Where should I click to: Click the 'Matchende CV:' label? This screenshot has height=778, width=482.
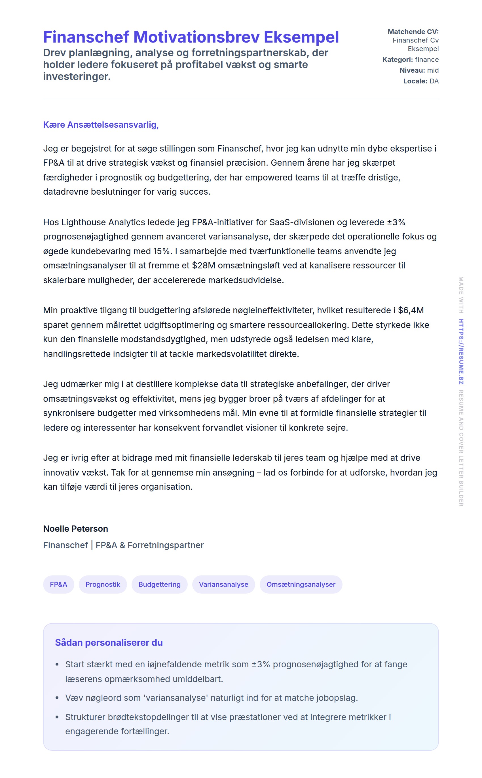[x=413, y=31]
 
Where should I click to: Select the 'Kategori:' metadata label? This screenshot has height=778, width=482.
[x=397, y=60]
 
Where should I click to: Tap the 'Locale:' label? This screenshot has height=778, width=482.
[x=415, y=81]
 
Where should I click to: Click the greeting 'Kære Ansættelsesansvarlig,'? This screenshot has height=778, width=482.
[x=101, y=125]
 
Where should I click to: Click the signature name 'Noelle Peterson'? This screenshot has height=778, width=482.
[x=75, y=529]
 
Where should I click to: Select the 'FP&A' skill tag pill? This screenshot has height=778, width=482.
[x=59, y=584]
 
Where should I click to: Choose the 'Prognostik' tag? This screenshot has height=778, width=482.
[x=103, y=584]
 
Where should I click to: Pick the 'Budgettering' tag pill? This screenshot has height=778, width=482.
[x=159, y=584]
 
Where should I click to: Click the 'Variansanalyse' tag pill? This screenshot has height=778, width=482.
[x=223, y=584]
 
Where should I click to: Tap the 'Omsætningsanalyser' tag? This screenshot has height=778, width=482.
[x=301, y=584]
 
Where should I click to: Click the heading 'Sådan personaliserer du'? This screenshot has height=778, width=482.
[x=109, y=642]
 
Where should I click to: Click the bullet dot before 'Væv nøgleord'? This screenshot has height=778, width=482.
[x=57, y=698]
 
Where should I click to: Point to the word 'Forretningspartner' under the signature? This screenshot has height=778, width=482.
[x=166, y=545]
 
